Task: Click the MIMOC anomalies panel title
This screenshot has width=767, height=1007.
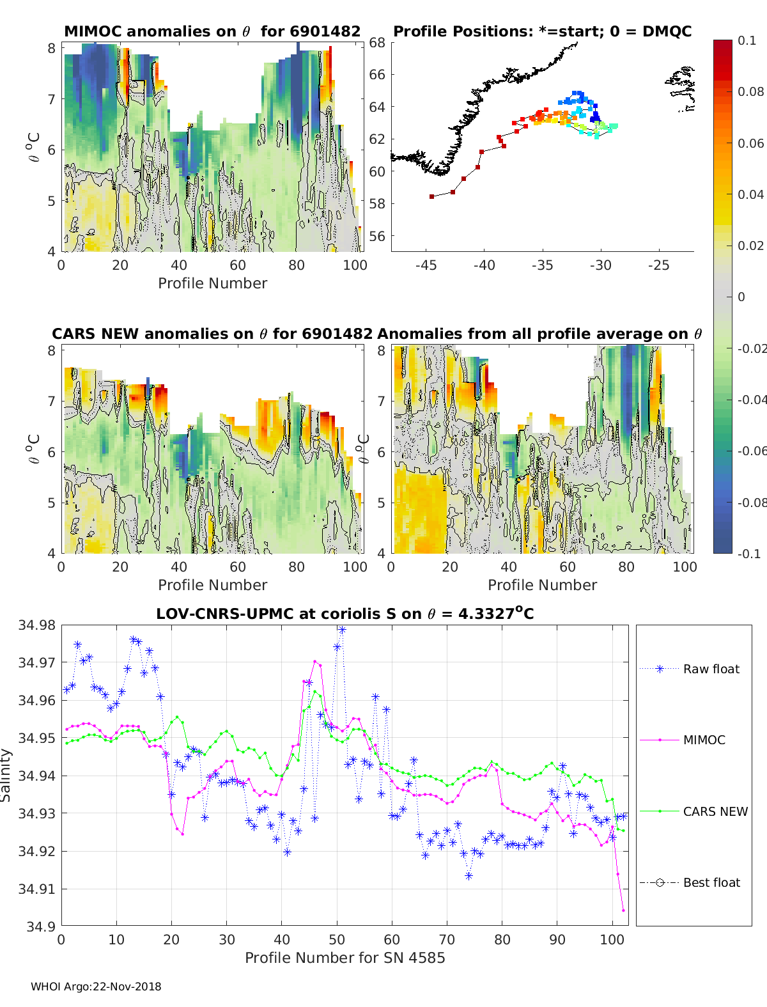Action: [212, 31]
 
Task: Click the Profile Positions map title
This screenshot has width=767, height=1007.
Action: [542, 31]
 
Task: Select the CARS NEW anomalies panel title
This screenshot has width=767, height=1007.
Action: [212, 334]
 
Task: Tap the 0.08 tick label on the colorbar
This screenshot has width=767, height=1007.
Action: [750, 91]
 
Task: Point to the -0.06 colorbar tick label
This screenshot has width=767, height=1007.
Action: [750, 451]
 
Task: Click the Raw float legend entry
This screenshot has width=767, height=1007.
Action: [711, 669]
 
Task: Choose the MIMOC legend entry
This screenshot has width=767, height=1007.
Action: [704, 740]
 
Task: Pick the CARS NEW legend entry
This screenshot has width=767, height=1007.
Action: [715, 811]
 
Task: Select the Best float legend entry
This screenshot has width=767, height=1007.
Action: [711, 882]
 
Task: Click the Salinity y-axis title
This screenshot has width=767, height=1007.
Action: [6, 775]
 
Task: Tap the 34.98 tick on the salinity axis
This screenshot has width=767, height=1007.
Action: [37, 625]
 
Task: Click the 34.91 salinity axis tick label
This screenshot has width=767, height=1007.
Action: [37, 889]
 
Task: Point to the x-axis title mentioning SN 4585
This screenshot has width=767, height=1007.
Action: [345, 957]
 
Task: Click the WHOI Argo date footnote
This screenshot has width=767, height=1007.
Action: [96, 987]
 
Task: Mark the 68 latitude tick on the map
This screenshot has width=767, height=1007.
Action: [377, 43]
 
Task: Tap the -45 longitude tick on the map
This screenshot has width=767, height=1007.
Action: [426, 265]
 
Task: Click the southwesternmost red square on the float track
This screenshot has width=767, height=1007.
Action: [432, 196]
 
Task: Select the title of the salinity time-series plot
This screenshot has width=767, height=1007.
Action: [345, 614]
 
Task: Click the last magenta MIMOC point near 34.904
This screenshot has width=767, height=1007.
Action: [623, 910]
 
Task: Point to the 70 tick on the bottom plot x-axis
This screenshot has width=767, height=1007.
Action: [447, 939]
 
